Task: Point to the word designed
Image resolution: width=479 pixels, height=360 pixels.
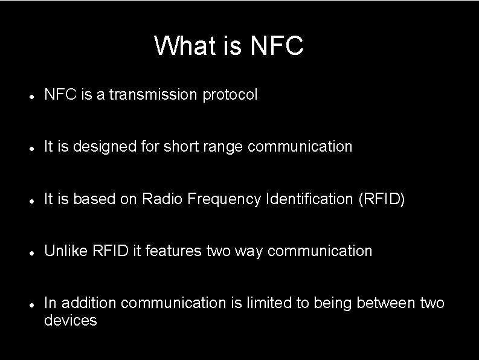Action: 99,147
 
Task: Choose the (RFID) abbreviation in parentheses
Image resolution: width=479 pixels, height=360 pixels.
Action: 381,199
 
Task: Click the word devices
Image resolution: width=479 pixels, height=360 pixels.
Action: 70,320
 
